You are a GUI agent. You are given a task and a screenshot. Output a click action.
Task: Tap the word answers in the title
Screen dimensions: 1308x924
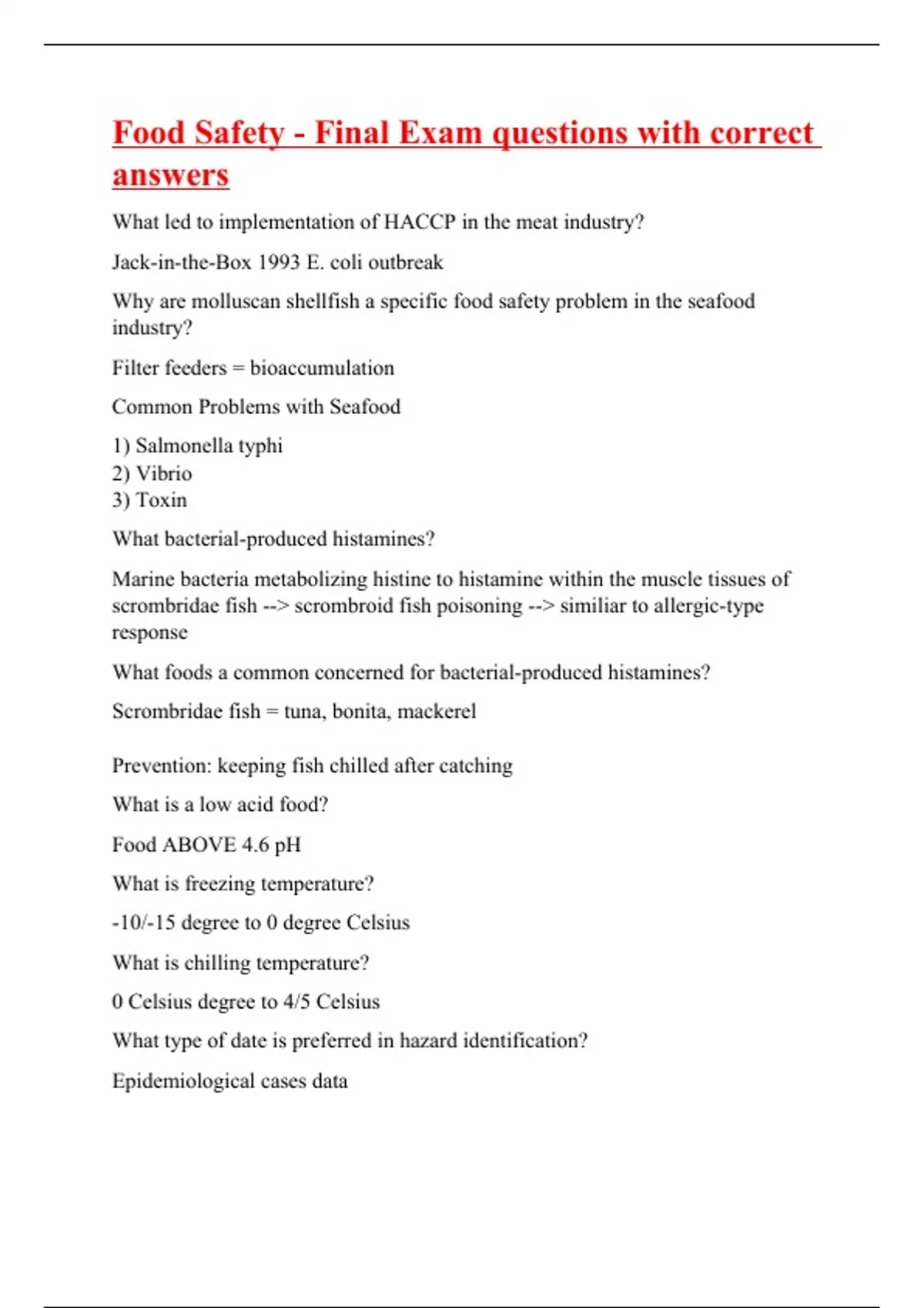click(x=170, y=175)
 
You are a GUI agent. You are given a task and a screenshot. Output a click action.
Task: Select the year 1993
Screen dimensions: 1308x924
click(x=278, y=262)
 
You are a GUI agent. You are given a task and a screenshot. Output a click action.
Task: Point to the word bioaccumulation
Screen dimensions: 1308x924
click(x=322, y=368)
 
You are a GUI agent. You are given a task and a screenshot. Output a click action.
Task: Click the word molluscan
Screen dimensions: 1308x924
click(x=236, y=301)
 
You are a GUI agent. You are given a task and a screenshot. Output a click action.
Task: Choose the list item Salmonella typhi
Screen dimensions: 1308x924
click(x=209, y=445)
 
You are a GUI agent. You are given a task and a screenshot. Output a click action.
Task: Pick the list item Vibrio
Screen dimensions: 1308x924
click(x=163, y=473)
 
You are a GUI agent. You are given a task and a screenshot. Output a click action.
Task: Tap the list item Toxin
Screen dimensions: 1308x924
click(x=161, y=500)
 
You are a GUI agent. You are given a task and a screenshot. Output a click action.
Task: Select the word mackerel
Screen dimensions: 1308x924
click(x=437, y=711)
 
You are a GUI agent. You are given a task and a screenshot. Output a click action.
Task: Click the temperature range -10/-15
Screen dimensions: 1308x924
click(x=143, y=923)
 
